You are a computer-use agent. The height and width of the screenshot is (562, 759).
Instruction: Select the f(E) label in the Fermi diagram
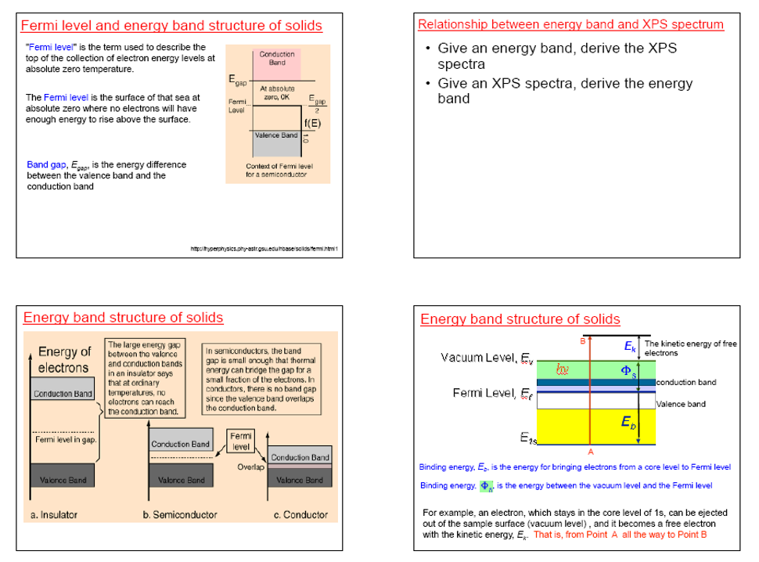(x=311, y=123)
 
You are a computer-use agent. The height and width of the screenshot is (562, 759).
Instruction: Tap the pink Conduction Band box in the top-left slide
(x=277, y=59)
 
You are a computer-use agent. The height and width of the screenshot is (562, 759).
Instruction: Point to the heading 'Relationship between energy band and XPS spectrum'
(x=570, y=24)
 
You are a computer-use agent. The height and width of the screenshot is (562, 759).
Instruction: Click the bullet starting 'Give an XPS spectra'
(x=564, y=91)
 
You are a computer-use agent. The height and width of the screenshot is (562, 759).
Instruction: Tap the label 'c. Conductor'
(x=300, y=514)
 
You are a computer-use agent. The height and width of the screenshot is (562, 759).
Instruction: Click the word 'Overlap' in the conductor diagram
(x=248, y=467)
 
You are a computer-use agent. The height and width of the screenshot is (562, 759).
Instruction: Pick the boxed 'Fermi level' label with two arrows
(x=241, y=441)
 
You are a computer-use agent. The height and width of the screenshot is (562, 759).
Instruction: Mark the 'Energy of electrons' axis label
(x=64, y=360)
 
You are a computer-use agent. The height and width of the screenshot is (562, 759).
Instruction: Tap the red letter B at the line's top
(x=582, y=340)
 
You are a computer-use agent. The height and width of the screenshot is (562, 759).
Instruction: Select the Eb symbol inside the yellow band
(x=628, y=422)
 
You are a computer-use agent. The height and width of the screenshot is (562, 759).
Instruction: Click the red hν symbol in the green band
(x=563, y=368)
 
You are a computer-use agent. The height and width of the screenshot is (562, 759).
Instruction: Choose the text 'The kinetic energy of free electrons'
(x=689, y=348)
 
